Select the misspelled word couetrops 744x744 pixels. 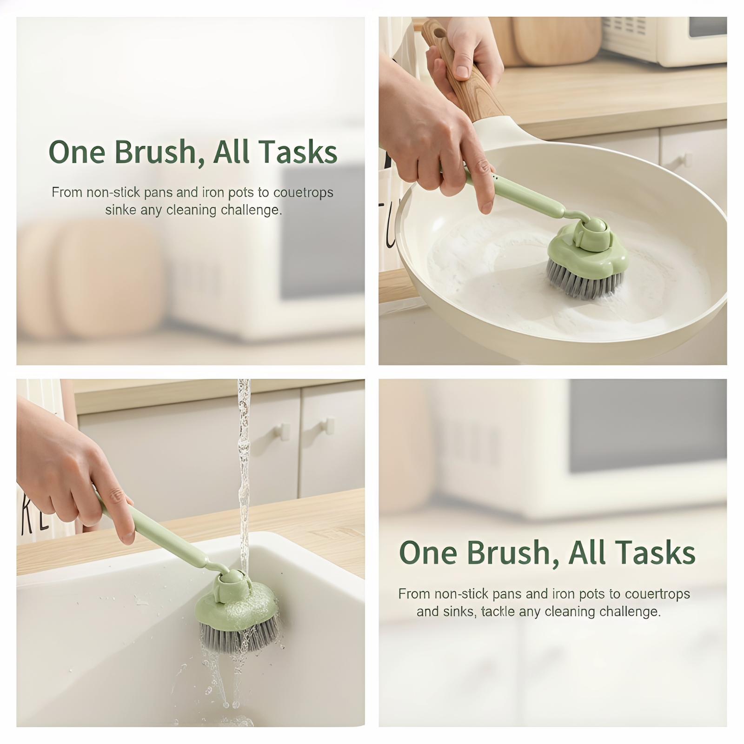[x=303, y=193]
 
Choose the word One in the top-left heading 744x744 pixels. [x=77, y=152]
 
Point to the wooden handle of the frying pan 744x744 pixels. [x=460, y=79]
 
